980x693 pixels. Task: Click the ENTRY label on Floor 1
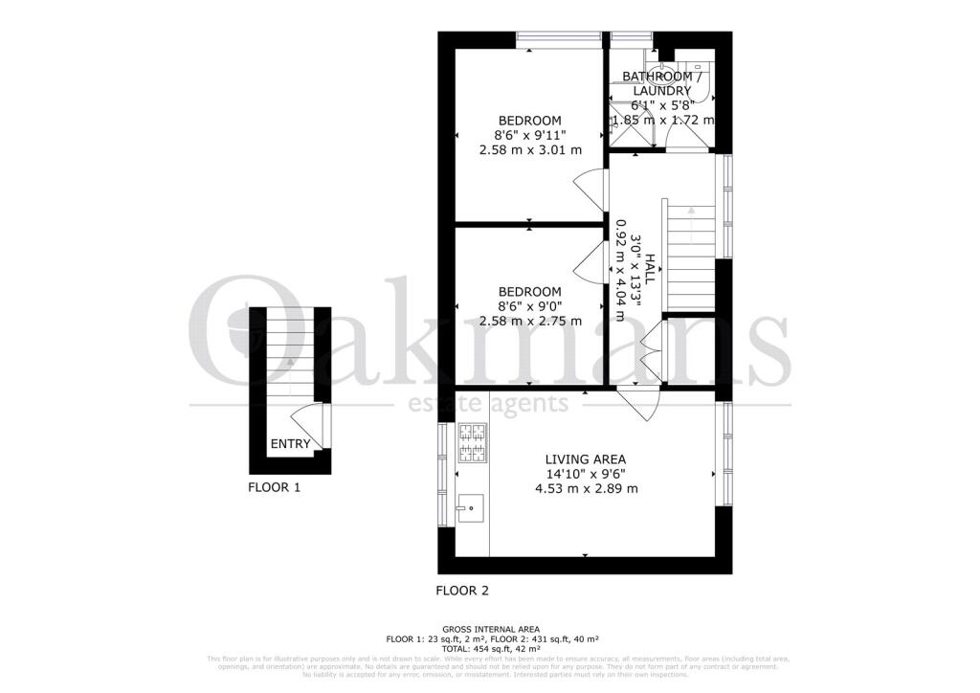290,443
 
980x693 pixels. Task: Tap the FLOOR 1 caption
275,487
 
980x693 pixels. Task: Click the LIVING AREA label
586,458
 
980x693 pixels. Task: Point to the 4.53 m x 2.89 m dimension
586,488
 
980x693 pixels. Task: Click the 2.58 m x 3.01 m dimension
530,150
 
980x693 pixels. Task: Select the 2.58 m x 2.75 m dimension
529,322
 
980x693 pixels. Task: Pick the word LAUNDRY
661,91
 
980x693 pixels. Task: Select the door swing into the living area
636,401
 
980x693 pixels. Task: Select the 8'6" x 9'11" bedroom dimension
530,135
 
